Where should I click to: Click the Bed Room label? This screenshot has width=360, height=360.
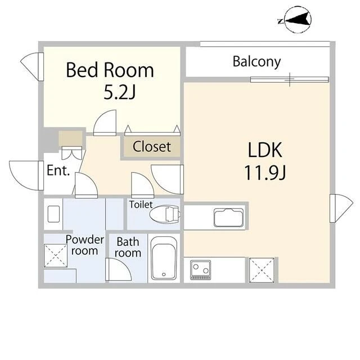pyautogui.click(x=110, y=70)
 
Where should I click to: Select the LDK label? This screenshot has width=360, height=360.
pyautogui.click(x=265, y=150)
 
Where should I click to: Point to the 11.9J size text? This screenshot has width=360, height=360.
pyautogui.click(x=265, y=173)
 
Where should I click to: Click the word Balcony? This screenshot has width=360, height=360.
pyautogui.click(x=256, y=62)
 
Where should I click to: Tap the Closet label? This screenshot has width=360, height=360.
pyautogui.click(x=152, y=147)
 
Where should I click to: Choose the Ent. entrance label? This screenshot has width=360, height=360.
pyautogui.click(x=58, y=170)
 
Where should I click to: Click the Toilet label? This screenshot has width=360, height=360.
pyautogui.click(x=141, y=204)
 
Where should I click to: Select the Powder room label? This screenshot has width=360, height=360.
pyautogui.click(x=85, y=245)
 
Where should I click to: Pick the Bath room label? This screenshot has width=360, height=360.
pyautogui.click(x=128, y=247)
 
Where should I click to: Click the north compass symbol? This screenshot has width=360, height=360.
pyautogui.click(x=295, y=20)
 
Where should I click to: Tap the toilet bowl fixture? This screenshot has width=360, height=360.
pyautogui.click(x=164, y=214)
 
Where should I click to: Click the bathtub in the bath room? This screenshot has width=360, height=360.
pyautogui.click(x=164, y=258)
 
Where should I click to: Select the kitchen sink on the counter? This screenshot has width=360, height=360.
pyautogui.click(x=229, y=218)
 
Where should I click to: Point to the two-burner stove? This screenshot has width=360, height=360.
pyautogui.click(x=200, y=270)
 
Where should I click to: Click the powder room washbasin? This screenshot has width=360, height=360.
pyautogui.click(x=54, y=214)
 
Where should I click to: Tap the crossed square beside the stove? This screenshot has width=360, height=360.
pyautogui.click(x=262, y=270)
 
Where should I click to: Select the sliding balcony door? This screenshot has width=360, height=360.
pyautogui.click(x=289, y=79)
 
